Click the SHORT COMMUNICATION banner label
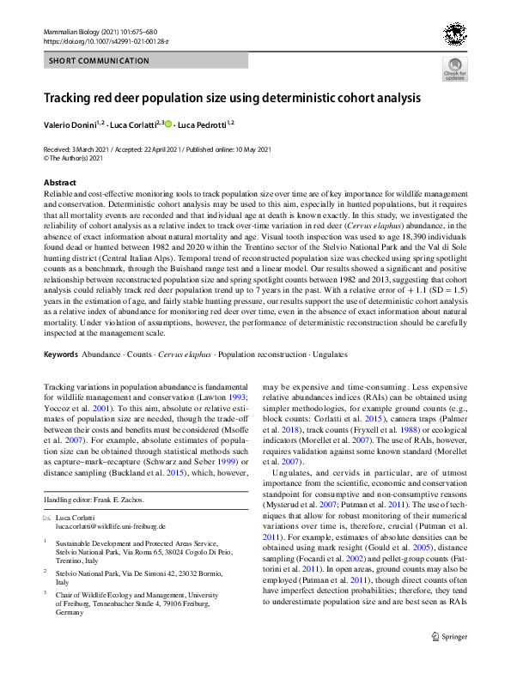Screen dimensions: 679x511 [87, 61]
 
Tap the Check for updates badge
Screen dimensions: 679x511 [454, 70]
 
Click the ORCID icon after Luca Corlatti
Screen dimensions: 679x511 [168, 124]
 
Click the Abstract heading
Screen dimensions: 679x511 [59, 183]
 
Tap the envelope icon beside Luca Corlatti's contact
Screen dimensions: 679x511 [47, 518]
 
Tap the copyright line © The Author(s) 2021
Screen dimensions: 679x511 [73, 158]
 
